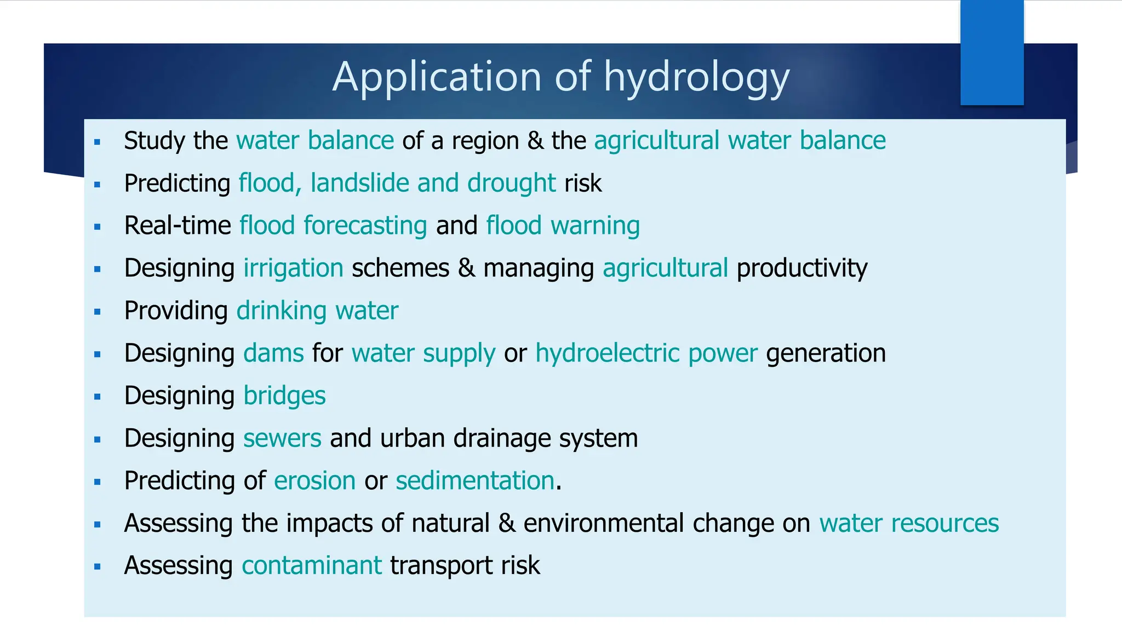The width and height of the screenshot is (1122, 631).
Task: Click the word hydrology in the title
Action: (696, 77)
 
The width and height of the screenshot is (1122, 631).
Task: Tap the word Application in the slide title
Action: (437, 77)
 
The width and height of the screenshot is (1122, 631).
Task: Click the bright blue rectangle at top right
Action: (992, 53)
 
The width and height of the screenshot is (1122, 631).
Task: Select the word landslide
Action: (359, 183)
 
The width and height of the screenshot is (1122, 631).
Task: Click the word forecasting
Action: (365, 226)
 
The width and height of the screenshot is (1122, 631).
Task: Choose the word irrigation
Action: (293, 268)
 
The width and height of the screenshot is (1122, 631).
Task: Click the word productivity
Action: (802, 268)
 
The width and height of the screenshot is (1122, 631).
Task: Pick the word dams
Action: (273, 353)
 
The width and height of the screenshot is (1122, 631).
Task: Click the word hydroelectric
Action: (607, 353)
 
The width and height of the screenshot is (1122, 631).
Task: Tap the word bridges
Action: (284, 395)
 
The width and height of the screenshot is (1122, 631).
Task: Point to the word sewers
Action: (282, 438)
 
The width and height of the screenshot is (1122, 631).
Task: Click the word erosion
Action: (315, 480)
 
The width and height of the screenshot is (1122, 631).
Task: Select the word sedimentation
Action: (474, 480)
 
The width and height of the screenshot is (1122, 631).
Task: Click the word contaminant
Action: (312, 565)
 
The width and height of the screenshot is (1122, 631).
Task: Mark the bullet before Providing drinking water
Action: (98, 312)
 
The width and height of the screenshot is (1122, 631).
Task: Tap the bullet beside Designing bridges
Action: (98, 397)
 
